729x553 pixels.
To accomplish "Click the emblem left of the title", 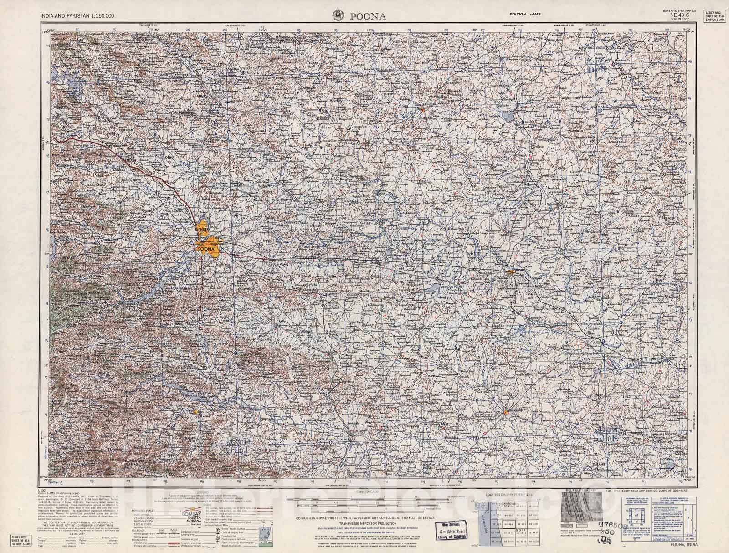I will point(338,15).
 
